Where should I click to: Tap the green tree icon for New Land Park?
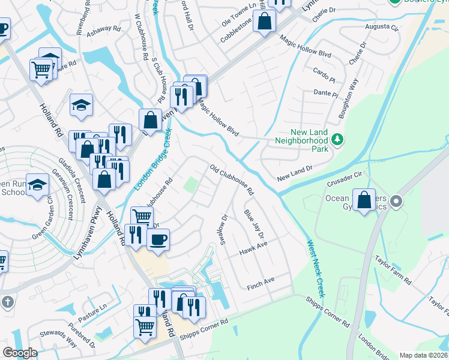click(x=338, y=140)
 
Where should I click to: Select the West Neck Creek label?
click(x=316, y=269)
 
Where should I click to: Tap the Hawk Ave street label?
click(x=253, y=247)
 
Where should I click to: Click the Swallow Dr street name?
click(x=224, y=225)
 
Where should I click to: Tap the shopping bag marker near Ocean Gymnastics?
click(x=364, y=200)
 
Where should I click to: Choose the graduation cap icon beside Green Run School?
click(x=37, y=185)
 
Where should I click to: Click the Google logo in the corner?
click(x=20, y=352)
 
